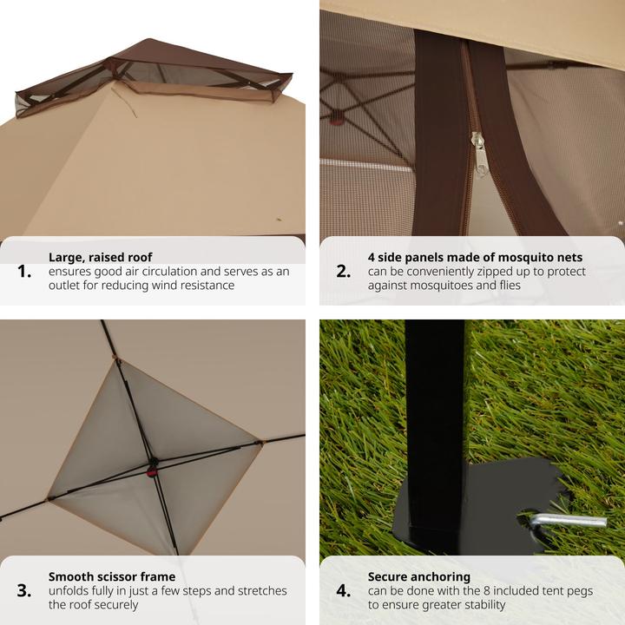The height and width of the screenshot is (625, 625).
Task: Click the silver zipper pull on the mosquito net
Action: point(478,155)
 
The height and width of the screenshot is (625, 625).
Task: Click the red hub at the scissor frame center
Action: point(152,472)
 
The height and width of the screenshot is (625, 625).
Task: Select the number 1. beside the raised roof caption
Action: point(24,272)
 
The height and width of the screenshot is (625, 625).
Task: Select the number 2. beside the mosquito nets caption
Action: point(344,272)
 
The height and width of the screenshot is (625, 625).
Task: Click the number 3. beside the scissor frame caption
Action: point(24,591)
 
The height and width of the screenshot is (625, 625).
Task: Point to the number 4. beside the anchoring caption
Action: point(344,591)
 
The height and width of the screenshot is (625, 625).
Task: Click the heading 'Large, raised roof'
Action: point(101,258)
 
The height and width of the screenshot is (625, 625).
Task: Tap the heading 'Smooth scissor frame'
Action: point(112,576)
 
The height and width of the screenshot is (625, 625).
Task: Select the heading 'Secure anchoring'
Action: point(419,576)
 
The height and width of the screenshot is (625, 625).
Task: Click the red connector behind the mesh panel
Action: point(337,118)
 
